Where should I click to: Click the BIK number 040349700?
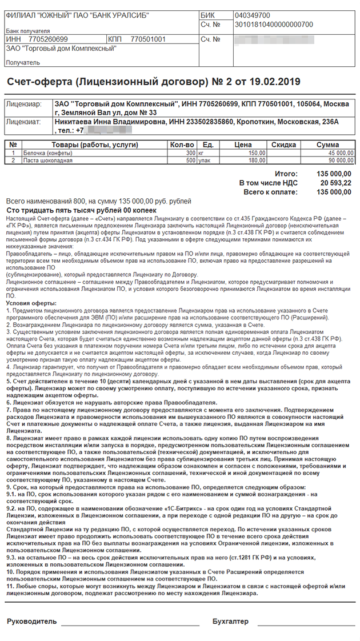click(252, 15)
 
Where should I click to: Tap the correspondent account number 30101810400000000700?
click(274, 25)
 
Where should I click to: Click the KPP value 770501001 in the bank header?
click(148, 39)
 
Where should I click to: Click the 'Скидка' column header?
click(283, 145)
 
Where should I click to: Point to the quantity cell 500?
click(190, 161)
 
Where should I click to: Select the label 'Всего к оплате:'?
click(270, 192)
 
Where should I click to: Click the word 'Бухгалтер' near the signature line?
click(230, 622)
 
